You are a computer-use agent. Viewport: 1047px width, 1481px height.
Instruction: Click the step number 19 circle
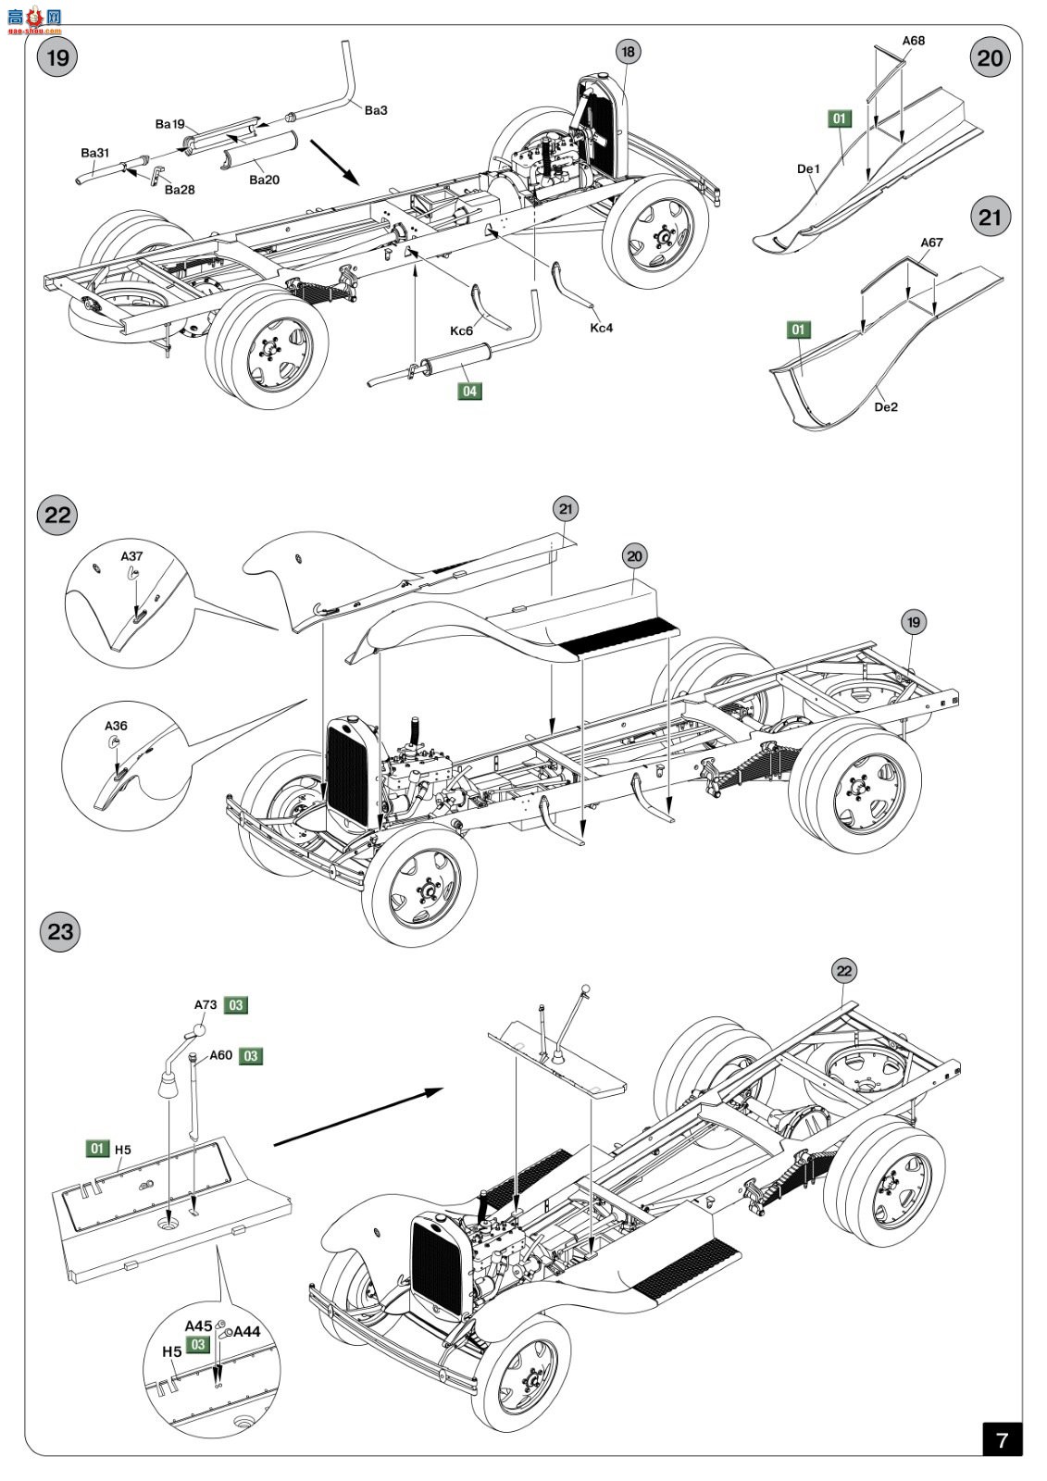coord(57,58)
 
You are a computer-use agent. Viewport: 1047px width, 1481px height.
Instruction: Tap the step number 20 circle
coord(990,58)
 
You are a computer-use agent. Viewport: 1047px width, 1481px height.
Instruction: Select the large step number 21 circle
coord(990,218)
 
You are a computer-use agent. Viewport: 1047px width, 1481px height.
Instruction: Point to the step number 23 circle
coord(59,931)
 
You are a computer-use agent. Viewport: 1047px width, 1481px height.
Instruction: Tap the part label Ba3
coord(376,110)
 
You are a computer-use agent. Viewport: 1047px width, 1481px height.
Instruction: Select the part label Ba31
coord(94,153)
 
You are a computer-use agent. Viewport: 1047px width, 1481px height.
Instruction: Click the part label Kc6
coord(461,331)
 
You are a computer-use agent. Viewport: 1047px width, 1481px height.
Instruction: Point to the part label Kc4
coord(602,328)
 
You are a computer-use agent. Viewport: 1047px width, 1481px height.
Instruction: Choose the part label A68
coord(913,41)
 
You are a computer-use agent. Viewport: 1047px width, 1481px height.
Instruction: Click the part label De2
coord(886,406)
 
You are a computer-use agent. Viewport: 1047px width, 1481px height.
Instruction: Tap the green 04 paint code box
coord(470,392)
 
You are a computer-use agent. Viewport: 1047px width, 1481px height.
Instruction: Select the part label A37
coord(131,556)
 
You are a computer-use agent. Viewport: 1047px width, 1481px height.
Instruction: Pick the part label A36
coord(116,726)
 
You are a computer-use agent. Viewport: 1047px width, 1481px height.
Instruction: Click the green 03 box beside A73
coord(236,1005)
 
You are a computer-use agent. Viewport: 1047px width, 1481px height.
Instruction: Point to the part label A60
coord(221,1055)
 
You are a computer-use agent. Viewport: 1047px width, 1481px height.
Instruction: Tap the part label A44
coord(247,1331)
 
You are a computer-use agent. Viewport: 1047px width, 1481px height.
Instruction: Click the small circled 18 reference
coord(629,52)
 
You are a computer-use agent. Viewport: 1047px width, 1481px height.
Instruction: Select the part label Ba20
coord(264,180)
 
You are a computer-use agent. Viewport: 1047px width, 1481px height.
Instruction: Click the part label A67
coord(931,243)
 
